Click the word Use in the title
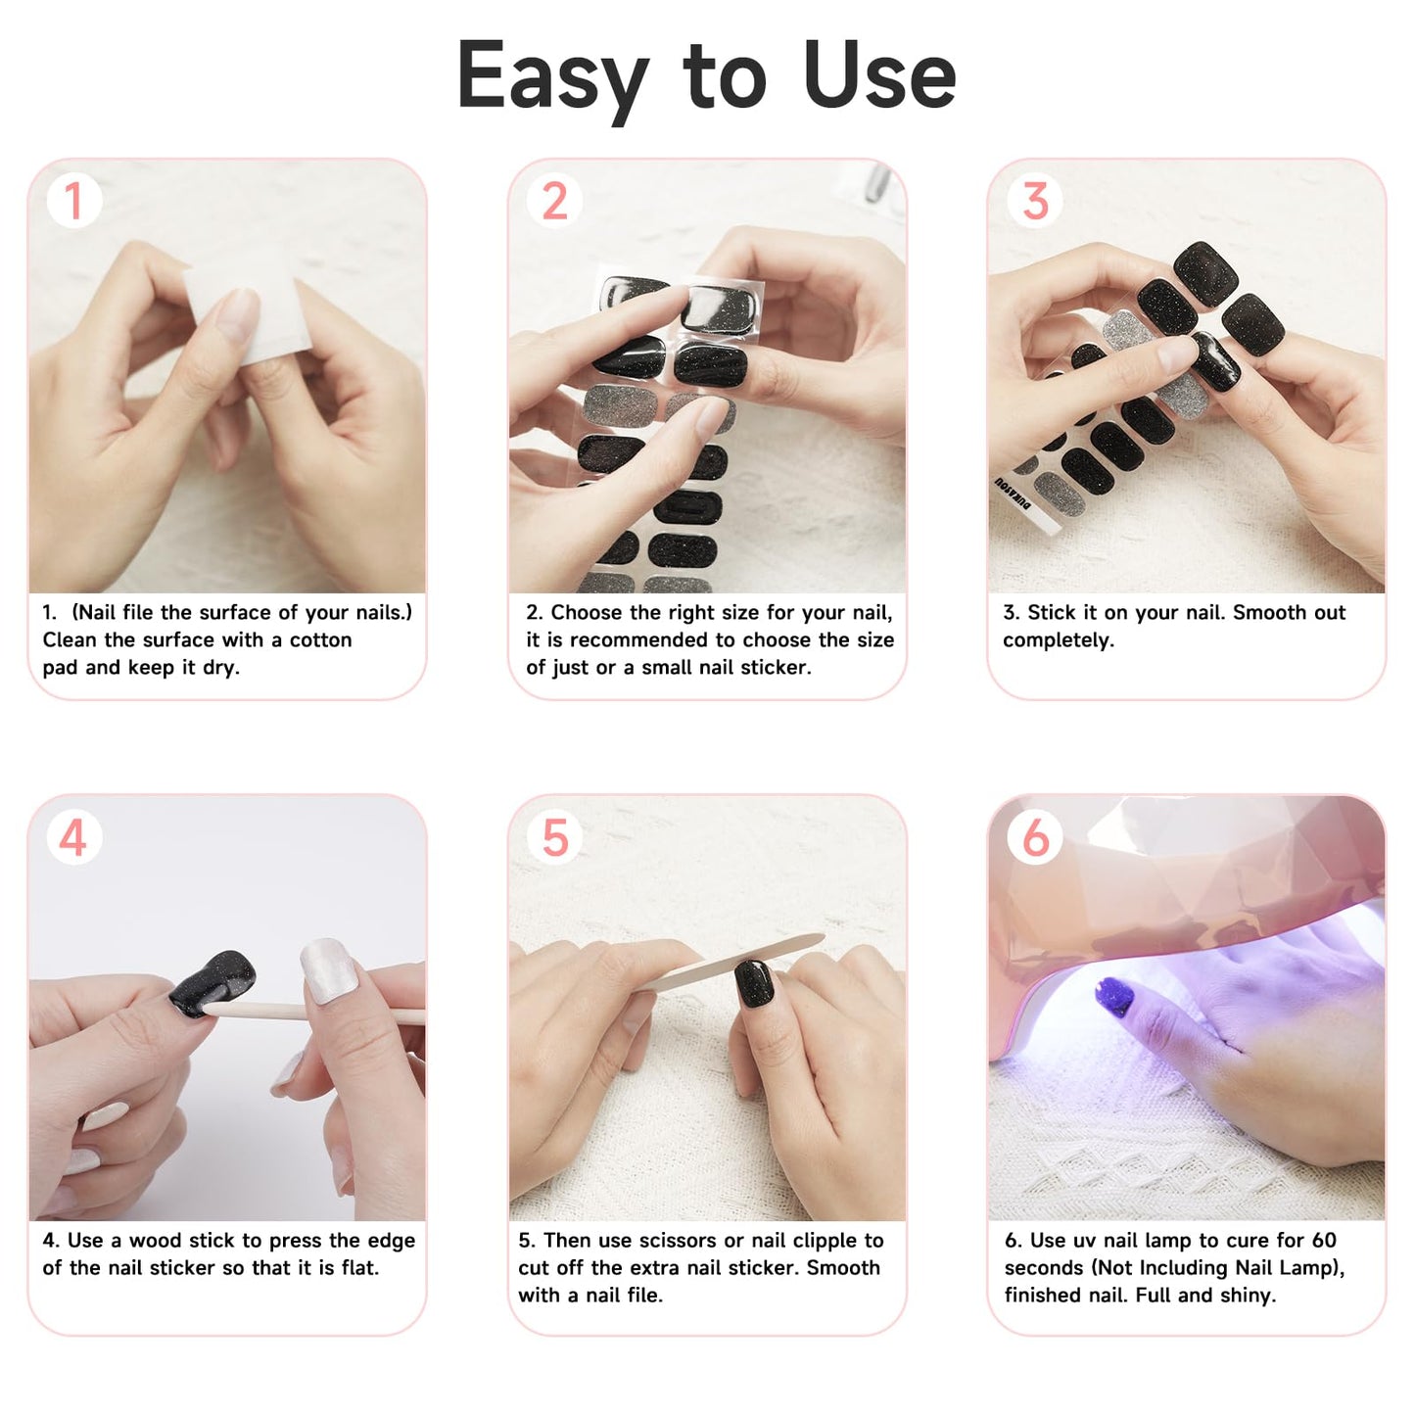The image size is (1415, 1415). point(878,76)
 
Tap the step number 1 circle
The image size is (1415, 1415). point(73,201)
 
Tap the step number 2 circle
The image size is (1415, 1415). point(554,201)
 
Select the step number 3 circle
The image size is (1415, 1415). point(1035,201)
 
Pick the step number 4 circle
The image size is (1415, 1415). point(73,837)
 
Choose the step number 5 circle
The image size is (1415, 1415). point(554,837)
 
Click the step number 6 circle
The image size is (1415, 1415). point(1035,837)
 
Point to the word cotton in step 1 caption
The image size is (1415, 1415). point(320,640)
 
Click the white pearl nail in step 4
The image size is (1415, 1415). point(328,969)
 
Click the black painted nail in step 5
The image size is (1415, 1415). point(754,983)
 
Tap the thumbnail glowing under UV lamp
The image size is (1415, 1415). point(1113,998)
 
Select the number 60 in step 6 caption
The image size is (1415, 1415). point(1323,1241)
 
